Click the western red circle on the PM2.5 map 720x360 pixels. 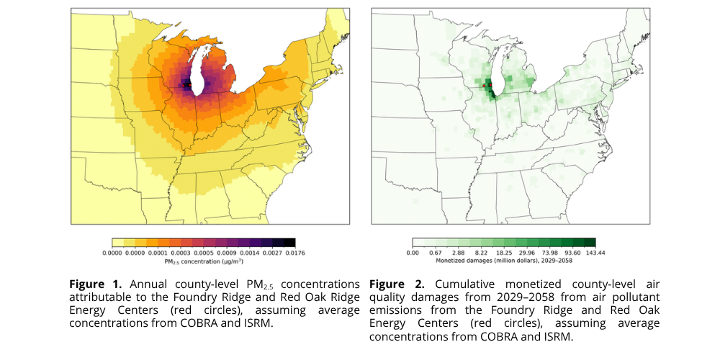[x=184, y=86]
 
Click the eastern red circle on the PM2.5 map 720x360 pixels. [x=190, y=84]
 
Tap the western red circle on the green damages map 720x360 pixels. [x=484, y=86]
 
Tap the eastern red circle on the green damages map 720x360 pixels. [x=490, y=84]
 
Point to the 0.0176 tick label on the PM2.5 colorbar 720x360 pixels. [x=295, y=253]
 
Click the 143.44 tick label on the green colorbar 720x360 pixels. [x=595, y=253]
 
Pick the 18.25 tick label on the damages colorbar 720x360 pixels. [x=504, y=253]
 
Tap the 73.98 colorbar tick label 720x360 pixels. [x=549, y=253]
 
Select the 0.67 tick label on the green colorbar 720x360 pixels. [x=435, y=253]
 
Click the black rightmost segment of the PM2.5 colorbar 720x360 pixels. [x=289, y=243]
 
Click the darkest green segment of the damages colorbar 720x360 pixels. [x=590, y=243]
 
